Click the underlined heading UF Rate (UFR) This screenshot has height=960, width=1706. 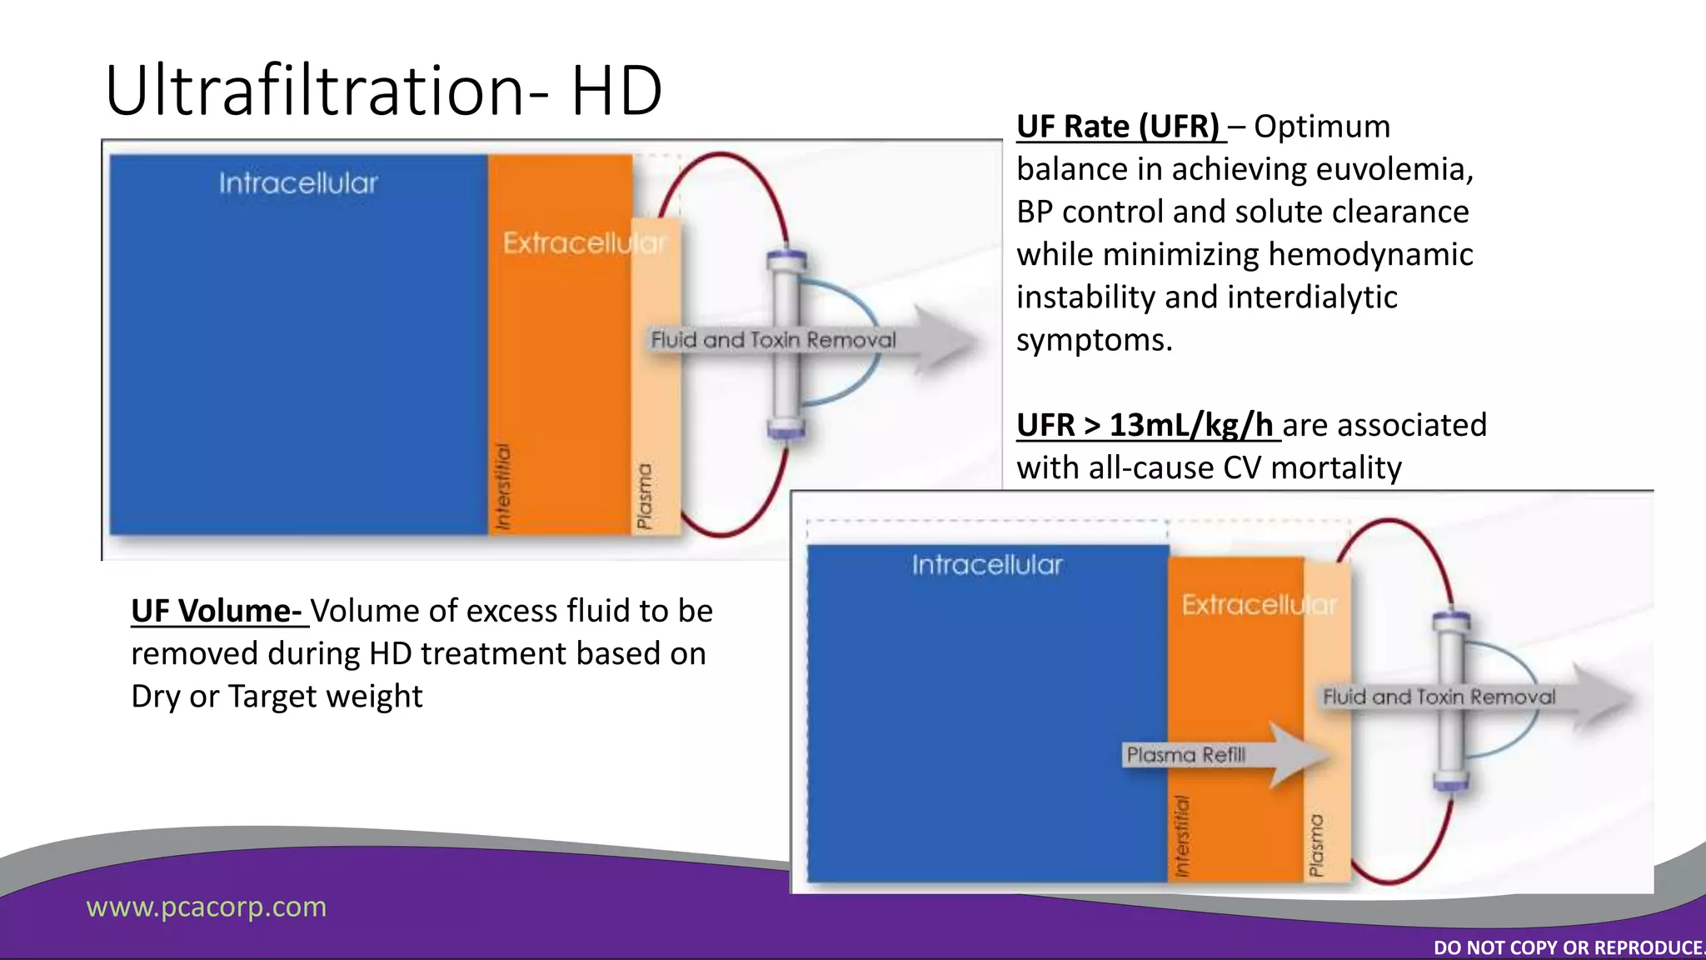[x=1117, y=127]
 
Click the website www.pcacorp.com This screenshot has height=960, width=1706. [x=207, y=907]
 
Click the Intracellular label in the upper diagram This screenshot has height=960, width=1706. [x=298, y=183]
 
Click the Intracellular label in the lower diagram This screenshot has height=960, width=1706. [x=987, y=565]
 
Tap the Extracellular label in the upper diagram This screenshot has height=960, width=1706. [x=584, y=243]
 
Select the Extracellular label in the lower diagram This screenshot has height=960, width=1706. [x=1258, y=604]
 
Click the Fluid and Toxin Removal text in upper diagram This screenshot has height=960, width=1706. [x=773, y=340]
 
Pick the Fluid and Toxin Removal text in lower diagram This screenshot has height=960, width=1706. [x=1439, y=697]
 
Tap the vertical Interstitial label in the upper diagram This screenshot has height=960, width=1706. [x=502, y=487]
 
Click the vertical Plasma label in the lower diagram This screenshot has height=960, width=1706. [x=1316, y=845]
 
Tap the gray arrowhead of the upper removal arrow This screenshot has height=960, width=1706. [x=945, y=340]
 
